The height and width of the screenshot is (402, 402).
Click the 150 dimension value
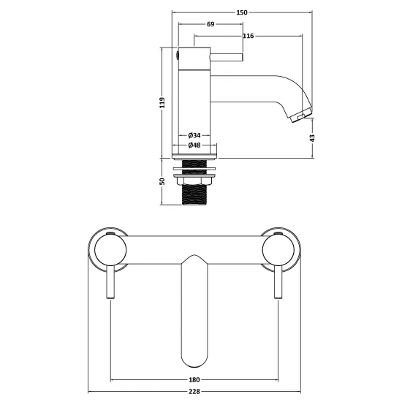click(242, 12)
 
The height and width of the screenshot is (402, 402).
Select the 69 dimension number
click(211, 24)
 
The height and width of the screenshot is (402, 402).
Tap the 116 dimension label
click(249, 36)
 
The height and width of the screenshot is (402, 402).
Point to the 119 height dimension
click(162, 102)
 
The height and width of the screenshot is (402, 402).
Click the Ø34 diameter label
click(194, 135)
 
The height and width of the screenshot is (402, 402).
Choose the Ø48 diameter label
click(194, 145)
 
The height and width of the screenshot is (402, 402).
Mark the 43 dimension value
click(312, 137)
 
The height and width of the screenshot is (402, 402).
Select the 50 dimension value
click(162, 181)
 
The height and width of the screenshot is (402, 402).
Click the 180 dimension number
click(194, 379)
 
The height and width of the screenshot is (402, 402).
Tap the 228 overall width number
click(194, 392)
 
